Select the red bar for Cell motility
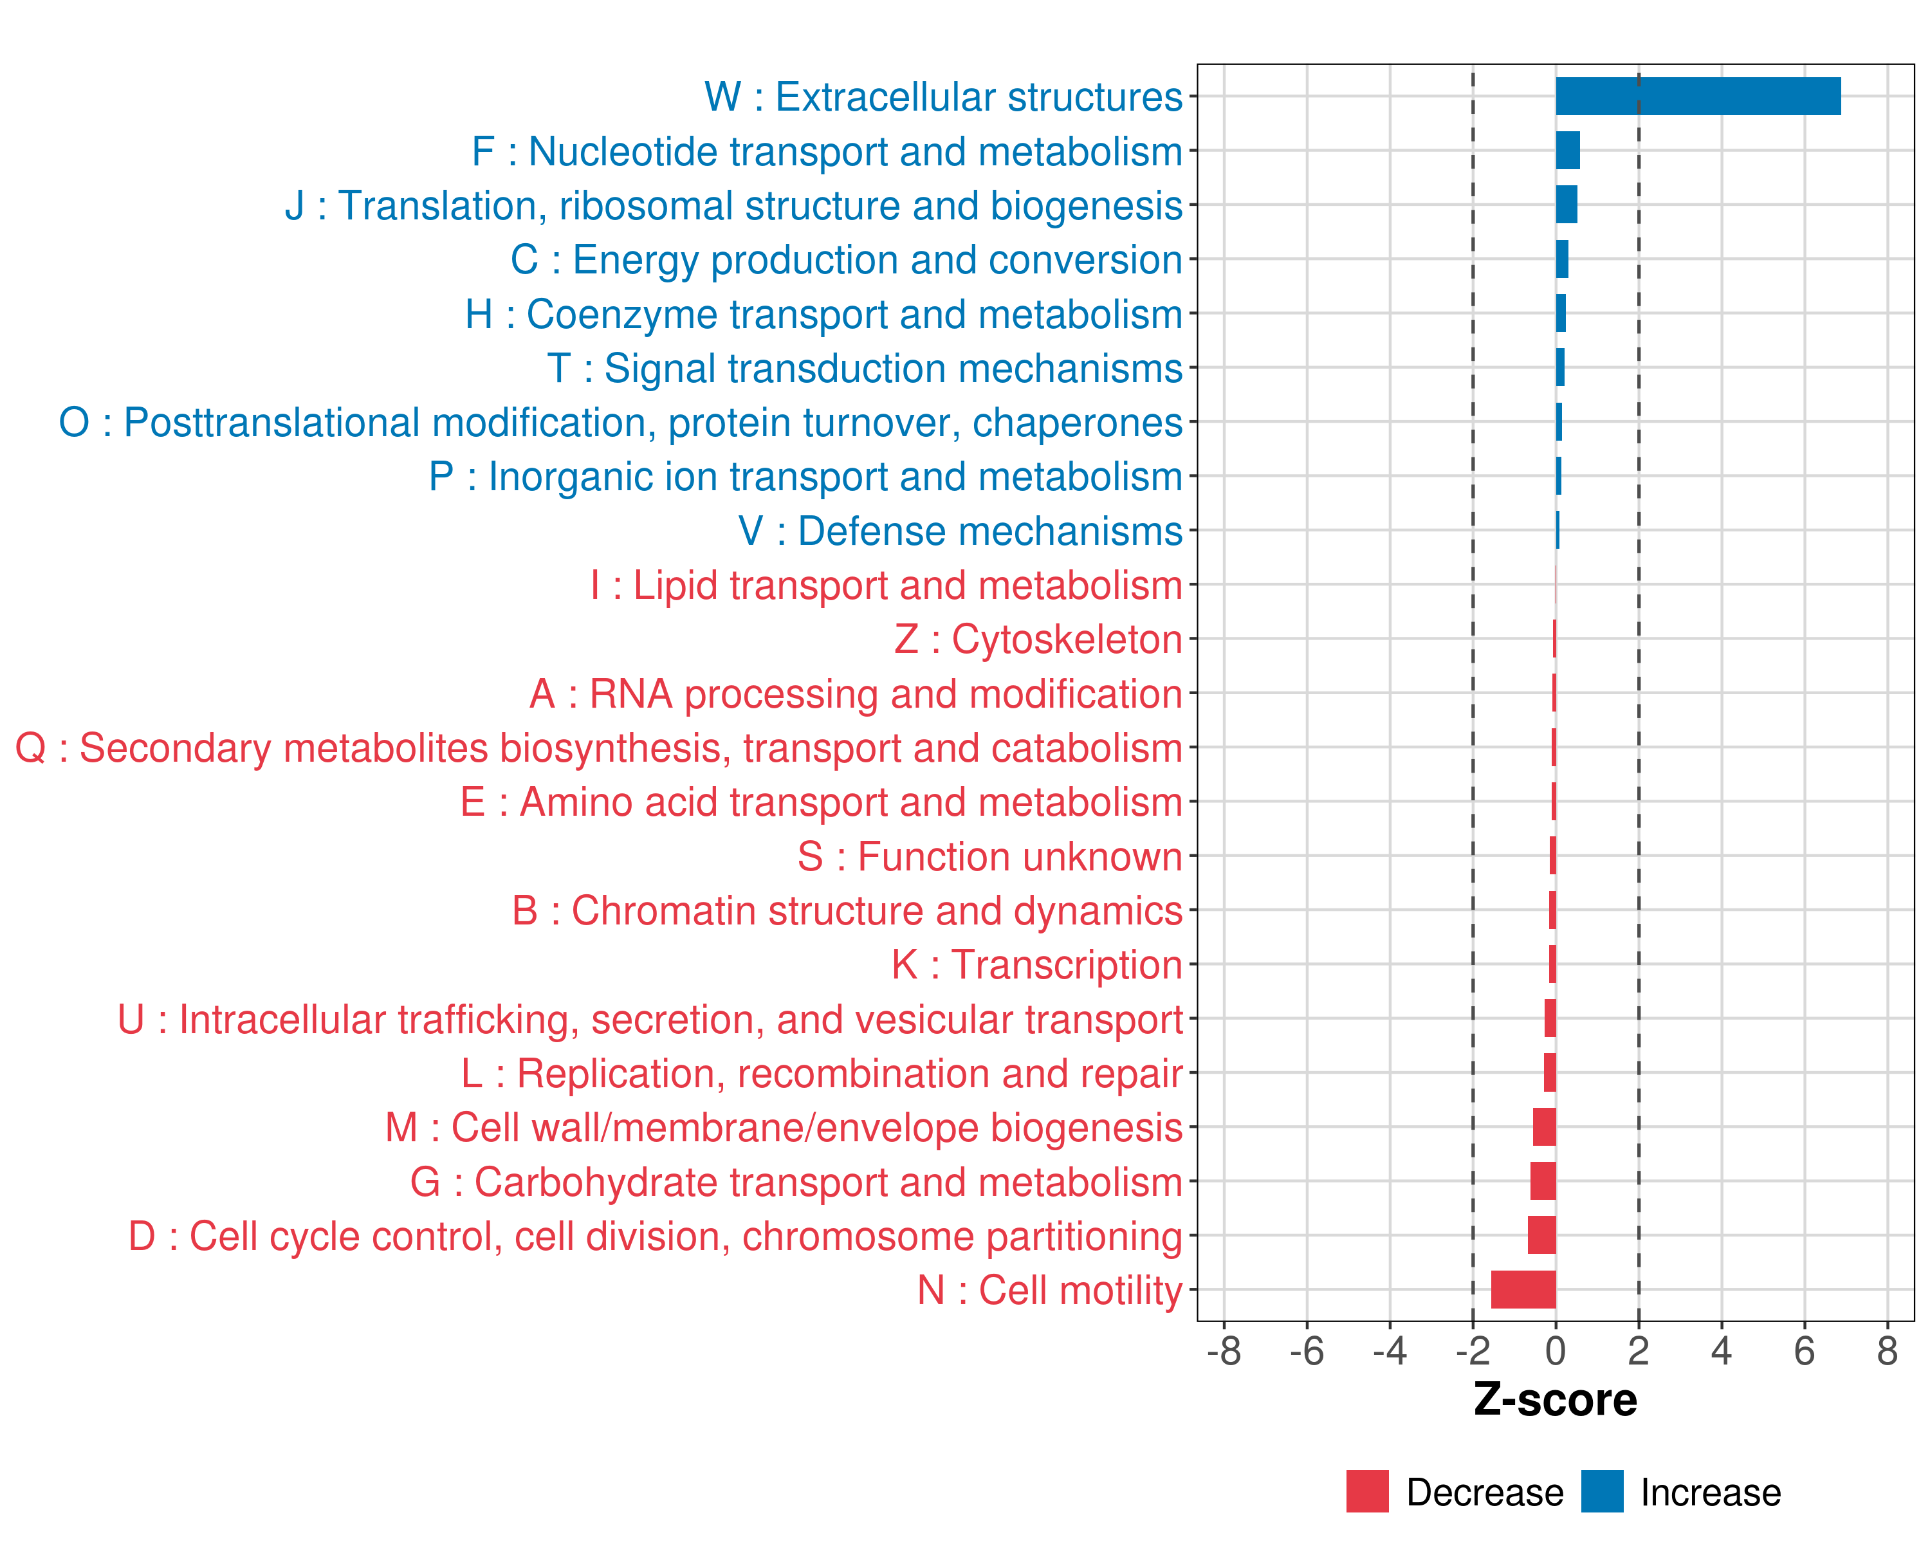point(1523,1290)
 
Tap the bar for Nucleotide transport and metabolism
point(1567,151)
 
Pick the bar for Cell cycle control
point(1541,1235)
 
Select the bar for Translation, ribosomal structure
point(1567,205)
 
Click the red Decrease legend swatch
point(1367,1491)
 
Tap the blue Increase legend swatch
point(1601,1491)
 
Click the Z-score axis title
point(1555,1400)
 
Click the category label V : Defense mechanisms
point(960,531)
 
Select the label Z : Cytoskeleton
point(1038,639)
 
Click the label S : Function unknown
point(990,856)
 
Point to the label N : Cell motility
point(1050,1291)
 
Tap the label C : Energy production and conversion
point(846,259)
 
